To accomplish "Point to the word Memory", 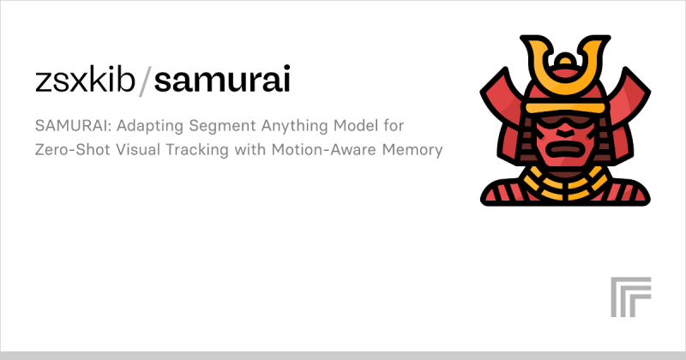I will click(x=415, y=151).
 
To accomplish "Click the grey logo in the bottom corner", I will click(x=628, y=299).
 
